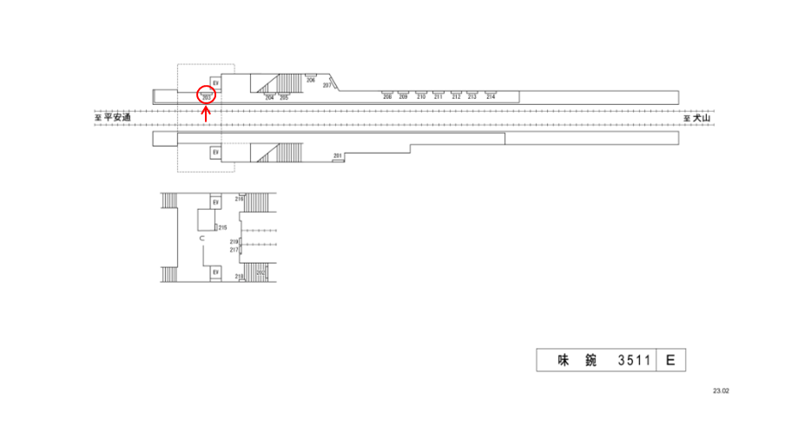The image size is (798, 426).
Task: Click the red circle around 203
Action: [206, 94]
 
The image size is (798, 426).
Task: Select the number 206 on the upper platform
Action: [310, 80]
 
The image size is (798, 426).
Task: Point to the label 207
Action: [326, 86]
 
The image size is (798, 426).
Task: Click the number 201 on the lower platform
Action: [338, 155]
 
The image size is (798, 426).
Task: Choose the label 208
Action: [387, 97]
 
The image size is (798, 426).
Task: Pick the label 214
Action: [491, 97]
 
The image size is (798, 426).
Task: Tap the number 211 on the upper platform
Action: [439, 97]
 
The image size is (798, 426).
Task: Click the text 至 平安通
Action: [113, 118]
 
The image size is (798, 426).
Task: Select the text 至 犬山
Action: [696, 119]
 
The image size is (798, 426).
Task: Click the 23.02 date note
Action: [721, 391]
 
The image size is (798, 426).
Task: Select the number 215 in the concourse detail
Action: [222, 227]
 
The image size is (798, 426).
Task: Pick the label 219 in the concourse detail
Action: [234, 242]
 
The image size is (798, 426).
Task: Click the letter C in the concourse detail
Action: [201, 238]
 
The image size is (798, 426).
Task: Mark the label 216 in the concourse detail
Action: [239, 199]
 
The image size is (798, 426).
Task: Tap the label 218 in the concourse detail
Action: [239, 276]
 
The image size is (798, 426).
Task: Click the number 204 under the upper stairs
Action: [269, 98]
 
